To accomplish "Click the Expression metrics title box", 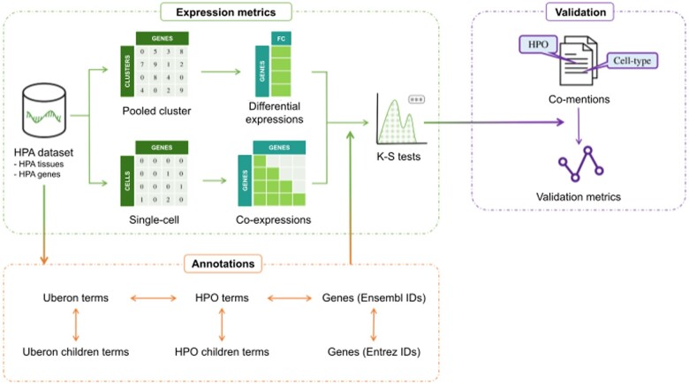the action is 226,12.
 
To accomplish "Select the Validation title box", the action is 580,12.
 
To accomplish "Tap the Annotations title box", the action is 223,264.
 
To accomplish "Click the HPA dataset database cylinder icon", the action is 43,111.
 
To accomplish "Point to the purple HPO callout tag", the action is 538,44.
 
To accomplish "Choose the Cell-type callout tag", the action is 632,60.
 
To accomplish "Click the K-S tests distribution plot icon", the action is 402,119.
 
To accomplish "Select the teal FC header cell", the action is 281,39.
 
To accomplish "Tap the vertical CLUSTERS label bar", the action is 127,71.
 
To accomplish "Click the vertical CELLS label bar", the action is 127,180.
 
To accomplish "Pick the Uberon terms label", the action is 76,297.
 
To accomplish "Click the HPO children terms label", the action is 222,352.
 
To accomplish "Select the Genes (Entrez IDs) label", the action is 374,352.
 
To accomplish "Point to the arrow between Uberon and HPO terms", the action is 153,298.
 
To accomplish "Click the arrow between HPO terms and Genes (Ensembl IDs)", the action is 289,298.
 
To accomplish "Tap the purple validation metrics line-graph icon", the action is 581,164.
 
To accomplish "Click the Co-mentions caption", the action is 579,99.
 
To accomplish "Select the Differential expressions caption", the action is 274,112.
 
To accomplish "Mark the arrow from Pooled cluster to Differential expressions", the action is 221,72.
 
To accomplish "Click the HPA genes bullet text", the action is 37,174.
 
